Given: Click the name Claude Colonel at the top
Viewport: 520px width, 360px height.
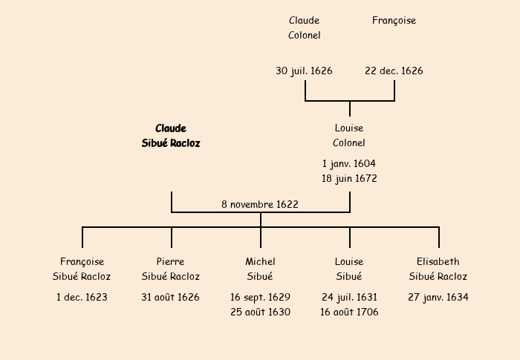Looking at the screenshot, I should (305, 28).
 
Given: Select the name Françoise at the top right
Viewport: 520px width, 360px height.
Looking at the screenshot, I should (394, 21).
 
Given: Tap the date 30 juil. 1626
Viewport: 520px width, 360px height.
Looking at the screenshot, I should (305, 71).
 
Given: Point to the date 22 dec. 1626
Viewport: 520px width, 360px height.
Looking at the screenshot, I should (394, 71).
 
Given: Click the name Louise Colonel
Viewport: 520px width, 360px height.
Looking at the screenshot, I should (349, 136).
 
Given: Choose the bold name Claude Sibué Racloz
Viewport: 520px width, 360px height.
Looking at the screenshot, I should (171, 136).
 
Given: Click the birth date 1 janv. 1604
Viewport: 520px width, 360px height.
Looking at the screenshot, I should (349, 163).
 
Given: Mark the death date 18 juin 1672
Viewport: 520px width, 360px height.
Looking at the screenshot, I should (349, 178).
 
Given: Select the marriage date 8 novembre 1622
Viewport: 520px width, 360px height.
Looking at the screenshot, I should (260, 204).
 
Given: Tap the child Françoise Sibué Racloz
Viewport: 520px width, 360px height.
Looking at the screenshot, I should (82, 269).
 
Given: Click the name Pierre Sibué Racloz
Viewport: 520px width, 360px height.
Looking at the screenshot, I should (171, 269).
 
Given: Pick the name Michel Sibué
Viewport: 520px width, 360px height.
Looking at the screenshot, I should (260, 269).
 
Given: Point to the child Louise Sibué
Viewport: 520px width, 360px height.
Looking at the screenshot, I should (349, 269).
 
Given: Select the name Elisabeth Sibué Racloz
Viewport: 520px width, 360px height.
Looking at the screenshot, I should (438, 269).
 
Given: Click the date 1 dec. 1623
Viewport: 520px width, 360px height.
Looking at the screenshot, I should (82, 297).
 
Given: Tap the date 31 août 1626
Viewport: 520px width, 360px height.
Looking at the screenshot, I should (171, 297).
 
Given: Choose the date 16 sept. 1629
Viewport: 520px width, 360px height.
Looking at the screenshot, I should (260, 297).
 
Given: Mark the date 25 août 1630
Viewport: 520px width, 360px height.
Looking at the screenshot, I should (260, 312).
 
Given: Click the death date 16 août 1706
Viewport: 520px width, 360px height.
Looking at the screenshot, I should (349, 312).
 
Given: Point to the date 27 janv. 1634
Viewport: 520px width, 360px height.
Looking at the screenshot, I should (438, 297).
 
